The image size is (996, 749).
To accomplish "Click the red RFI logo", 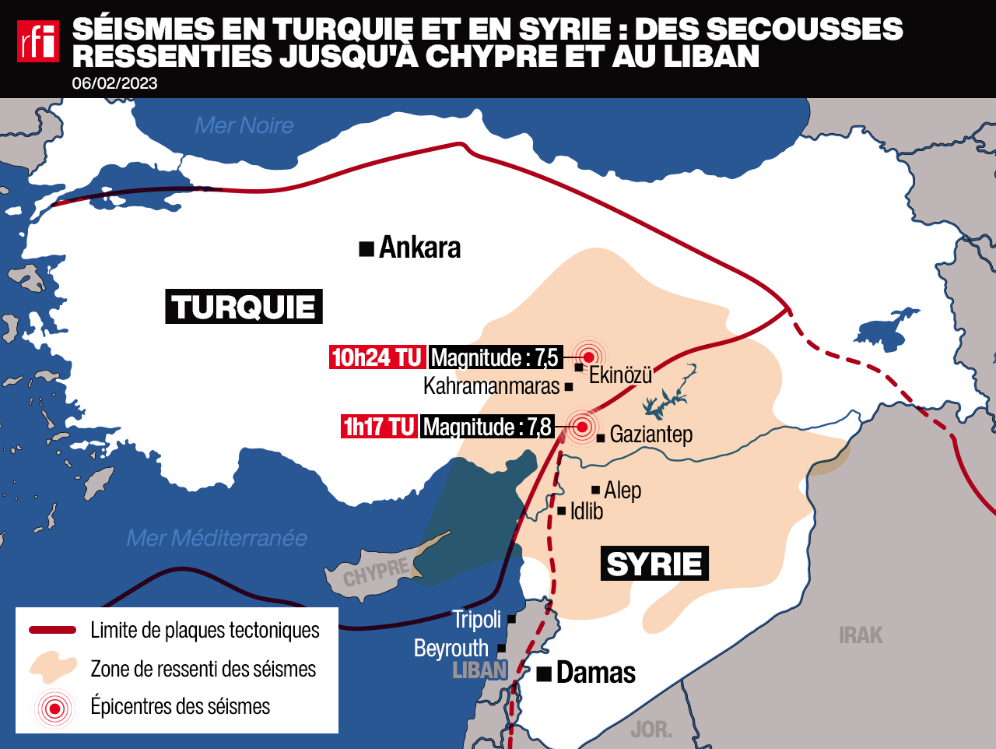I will [x=37, y=40].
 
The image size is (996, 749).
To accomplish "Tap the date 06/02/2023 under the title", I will [x=114, y=83].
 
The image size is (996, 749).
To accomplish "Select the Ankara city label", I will [x=419, y=248].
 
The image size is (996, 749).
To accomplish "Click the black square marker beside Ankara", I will [x=366, y=249].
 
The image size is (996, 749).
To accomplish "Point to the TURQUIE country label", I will [x=244, y=307].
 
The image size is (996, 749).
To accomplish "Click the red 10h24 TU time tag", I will [x=377, y=357].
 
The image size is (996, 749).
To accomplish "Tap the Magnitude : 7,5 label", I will [x=495, y=357].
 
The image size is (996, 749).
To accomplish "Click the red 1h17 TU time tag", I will [x=379, y=427].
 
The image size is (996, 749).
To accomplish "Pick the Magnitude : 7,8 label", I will [x=487, y=427].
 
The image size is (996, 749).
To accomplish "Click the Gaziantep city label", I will [x=651, y=434].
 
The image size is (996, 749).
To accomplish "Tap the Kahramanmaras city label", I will [x=491, y=386].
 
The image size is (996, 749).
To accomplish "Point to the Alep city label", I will [x=622, y=491].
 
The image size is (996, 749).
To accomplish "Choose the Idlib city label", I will [x=586, y=512].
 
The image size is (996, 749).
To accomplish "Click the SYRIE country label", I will [x=654, y=564].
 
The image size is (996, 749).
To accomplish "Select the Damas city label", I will [x=596, y=673].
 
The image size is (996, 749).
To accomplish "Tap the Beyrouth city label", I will [x=451, y=649].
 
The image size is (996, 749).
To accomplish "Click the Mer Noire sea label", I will [x=244, y=125].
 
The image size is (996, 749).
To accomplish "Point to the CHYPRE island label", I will [x=376, y=572].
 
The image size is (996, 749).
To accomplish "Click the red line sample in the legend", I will [x=52, y=630].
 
